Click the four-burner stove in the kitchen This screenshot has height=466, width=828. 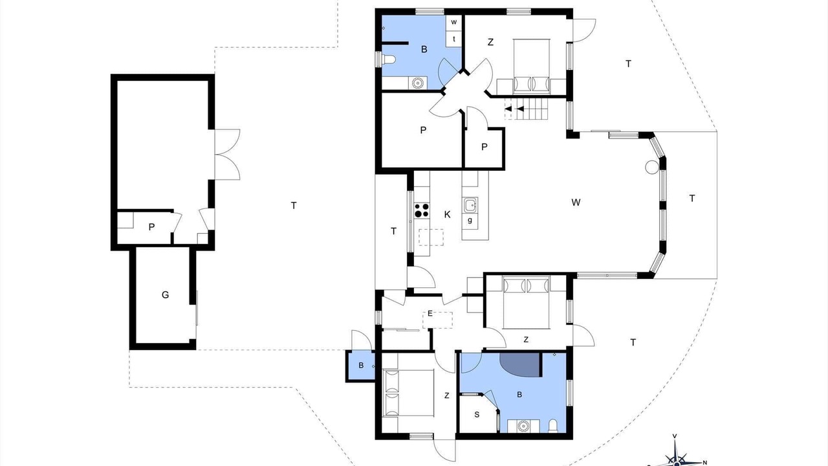pos(421,210)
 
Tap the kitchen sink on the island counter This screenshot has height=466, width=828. pos(470,205)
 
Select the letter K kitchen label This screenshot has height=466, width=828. pos(447,214)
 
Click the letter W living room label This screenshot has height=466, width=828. pos(576,203)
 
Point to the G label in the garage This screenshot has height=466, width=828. pos(165,294)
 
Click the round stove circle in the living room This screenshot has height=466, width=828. pos(652,167)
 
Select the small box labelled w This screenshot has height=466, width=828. pos(454,22)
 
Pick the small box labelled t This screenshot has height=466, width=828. pos(454,38)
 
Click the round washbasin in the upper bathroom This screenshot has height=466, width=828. pos(418,83)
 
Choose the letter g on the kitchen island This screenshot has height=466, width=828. pos(470,221)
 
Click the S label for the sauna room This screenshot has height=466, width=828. pos(477,415)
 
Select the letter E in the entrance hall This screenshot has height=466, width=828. pos(430,314)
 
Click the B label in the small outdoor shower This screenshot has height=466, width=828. pos(361,366)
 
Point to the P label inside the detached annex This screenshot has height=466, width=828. pos(151,227)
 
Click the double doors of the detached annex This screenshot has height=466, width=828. pos(227,155)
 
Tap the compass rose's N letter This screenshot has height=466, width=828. pos(704,462)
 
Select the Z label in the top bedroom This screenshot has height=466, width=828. pos(490,42)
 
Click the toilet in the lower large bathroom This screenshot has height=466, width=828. pos(553,426)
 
